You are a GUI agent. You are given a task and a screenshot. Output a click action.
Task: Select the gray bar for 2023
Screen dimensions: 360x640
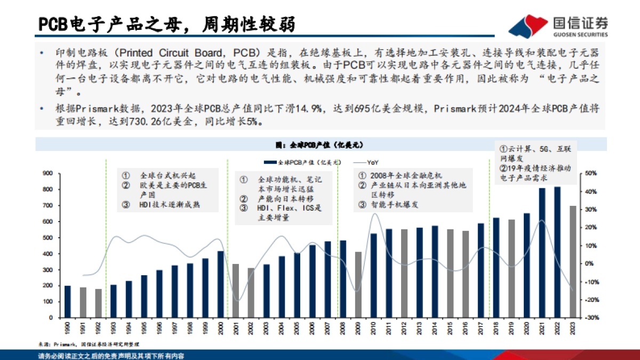coord(572,261)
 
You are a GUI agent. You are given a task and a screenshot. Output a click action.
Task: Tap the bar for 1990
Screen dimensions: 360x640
coord(68,301)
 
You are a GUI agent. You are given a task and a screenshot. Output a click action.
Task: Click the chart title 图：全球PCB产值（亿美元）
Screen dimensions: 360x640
coord(319,145)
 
